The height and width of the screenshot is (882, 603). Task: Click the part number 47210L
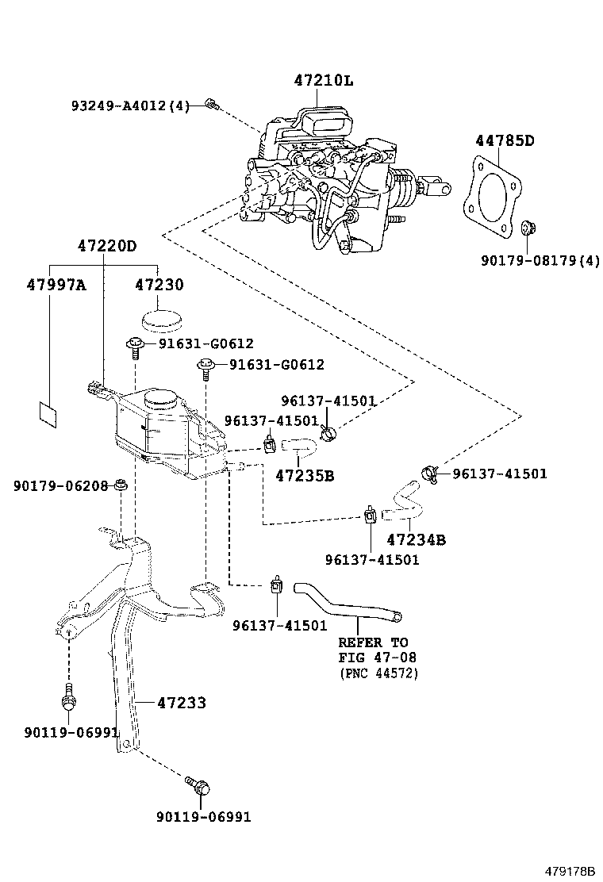click(x=322, y=80)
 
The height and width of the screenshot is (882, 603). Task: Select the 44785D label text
click(x=505, y=141)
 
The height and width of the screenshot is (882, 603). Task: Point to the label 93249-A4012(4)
click(x=129, y=105)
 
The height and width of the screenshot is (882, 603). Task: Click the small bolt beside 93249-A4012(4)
click(x=211, y=104)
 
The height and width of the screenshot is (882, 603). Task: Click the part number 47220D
click(x=106, y=246)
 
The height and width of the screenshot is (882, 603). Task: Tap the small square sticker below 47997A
click(x=48, y=413)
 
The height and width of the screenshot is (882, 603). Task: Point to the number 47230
click(x=159, y=286)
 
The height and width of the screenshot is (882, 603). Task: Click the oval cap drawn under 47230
click(x=160, y=320)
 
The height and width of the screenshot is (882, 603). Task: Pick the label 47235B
click(x=305, y=475)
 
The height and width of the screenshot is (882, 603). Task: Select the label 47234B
click(x=416, y=540)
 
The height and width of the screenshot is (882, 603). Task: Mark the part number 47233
click(x=181, y=703)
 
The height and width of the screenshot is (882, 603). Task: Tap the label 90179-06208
click(x=60, y=485)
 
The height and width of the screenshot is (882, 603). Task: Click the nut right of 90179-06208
click(x=121, y=485)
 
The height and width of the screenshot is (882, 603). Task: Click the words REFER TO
click(x=373, y=642)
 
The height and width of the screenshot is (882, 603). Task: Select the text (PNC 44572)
click(x=378, y=673)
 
